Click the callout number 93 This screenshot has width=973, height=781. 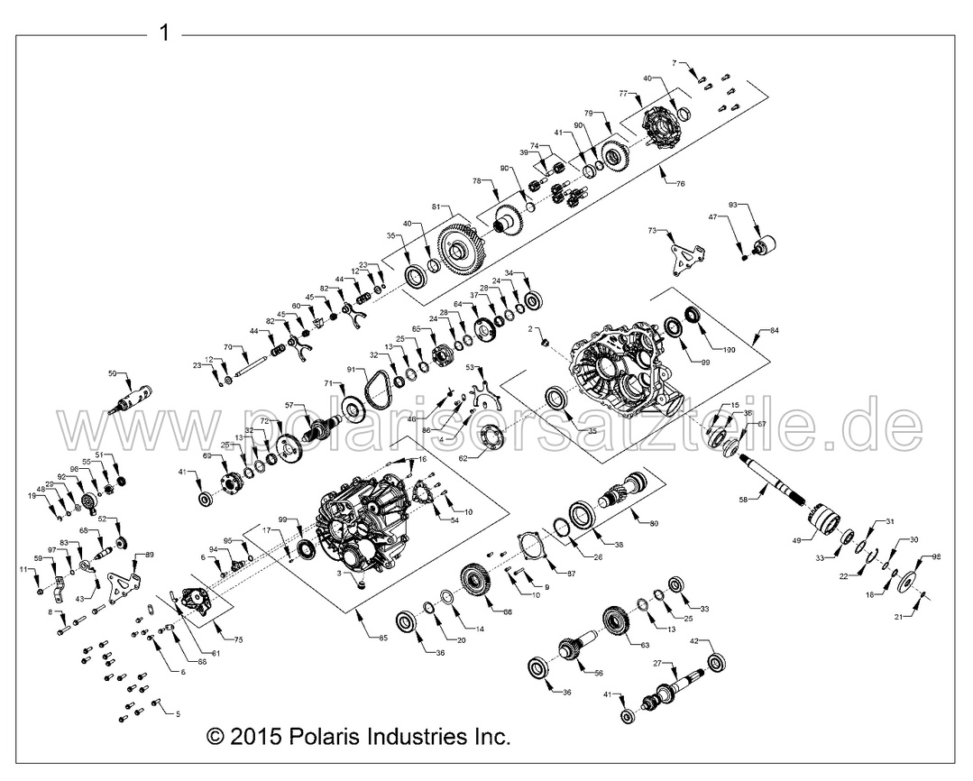pos(733,207)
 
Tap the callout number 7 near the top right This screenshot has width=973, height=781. pos(675,62)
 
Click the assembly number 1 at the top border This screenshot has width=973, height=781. pos(163,34)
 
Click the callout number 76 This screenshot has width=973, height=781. pos(679,184)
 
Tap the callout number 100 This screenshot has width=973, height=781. pos(728,348)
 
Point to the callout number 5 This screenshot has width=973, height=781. pos(178,713)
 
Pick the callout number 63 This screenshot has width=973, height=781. pos(644,646)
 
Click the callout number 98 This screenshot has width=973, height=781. pos(935,558)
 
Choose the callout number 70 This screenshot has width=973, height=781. pos(228,347)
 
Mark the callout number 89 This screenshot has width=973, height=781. pos(149,555)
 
